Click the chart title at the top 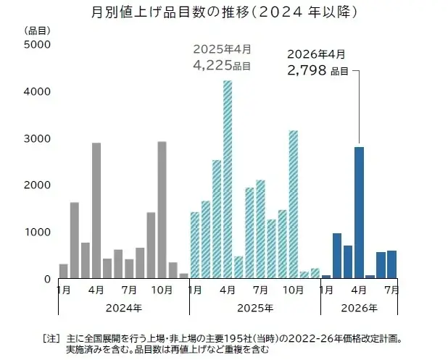click(x=224, y=12)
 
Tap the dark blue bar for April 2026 click(x=359, y=212)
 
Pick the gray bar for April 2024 click(x=96, y=210)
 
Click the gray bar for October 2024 click(x=162, y=209)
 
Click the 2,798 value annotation click(x=308, y=70)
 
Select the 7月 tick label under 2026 click(x=391, y=290)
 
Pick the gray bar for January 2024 click(x=64, y=271)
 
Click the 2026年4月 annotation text click(x=317, y=54)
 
